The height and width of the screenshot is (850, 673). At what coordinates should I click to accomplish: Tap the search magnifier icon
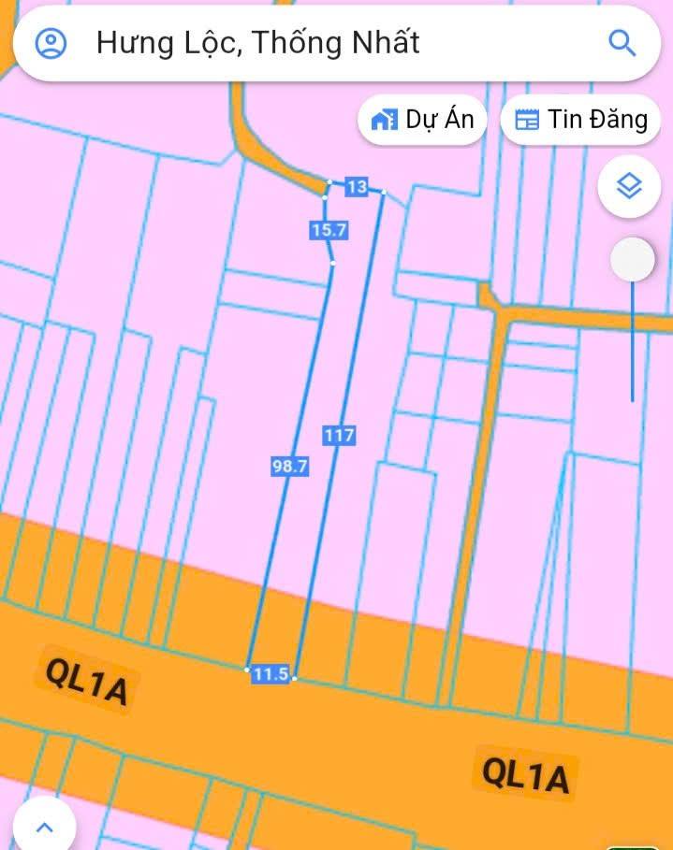point(622,42)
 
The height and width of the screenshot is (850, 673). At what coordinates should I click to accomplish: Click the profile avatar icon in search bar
point(51,43)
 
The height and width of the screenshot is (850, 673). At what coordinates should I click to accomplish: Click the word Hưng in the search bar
point(131,43)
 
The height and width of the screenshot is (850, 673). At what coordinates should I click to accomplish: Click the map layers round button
point(630,187)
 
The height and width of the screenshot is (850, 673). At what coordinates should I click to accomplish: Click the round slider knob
point(633,260)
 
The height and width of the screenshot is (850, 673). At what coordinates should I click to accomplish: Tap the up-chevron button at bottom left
point(44,827)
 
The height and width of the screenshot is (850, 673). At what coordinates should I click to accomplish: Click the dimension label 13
point(357,187)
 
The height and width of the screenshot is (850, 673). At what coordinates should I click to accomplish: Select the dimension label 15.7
point(329,229)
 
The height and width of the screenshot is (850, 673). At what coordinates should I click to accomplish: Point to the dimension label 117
point(340,436)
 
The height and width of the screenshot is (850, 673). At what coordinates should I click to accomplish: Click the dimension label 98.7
point(289,467)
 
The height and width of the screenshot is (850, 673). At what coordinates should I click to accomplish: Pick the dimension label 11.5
point(271,673)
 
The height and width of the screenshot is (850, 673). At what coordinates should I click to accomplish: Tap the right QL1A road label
point(525,774)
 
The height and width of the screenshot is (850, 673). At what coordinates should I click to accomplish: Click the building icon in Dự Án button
point(383,120)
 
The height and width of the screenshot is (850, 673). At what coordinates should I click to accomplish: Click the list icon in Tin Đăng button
point(528,120)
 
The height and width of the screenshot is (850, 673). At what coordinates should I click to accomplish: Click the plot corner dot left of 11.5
point(247,670)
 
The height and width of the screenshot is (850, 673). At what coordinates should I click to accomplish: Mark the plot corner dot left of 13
point(329,181)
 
